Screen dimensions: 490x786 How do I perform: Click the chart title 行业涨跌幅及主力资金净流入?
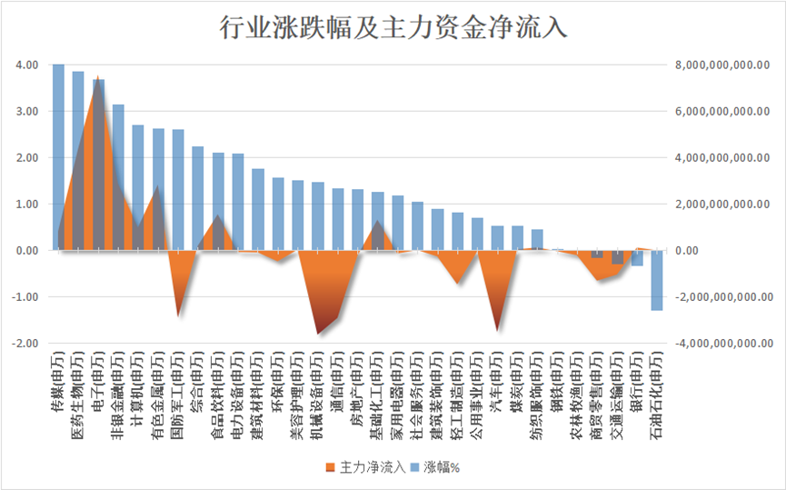pyautogui.click(x=393, y=27)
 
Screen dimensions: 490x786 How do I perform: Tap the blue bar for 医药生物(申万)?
pyautogui.click(x=78, y=160)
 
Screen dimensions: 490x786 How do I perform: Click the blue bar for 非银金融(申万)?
pyautogui.click(x=118, y=176)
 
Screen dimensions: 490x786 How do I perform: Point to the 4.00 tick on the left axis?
pyautogui.click(x=26, y=65)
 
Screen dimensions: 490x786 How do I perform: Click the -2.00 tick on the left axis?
pyautogui.click(x=25, y=343)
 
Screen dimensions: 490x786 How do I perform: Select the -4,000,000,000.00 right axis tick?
pyautogui.click(x=723, y=343)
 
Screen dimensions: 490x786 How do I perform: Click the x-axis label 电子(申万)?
pyautogui.click(x=98, y=382)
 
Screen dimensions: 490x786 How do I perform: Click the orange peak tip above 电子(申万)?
pyautogui.click(x=98, y=76)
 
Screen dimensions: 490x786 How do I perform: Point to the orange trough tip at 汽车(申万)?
pyautogui.click(x=497, y=330)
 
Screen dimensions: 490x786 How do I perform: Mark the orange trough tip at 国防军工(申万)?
pyautogui.click(x=178, y=316)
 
